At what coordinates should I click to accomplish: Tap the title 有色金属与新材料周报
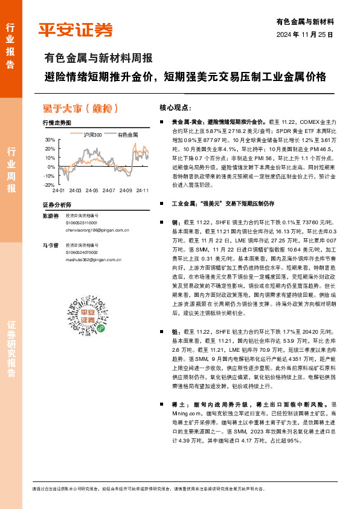click(98, 59)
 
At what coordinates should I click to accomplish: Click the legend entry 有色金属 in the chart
click(128, 134)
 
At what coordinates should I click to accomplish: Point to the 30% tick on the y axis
click(50, 140)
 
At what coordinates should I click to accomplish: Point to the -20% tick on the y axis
click(49, 185)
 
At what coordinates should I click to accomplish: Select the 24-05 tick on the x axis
click(91, 190)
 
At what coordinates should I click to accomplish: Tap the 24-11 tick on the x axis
click(143, 190)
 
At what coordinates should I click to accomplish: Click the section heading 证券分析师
click(57, 204)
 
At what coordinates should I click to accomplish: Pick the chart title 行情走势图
click(57, 123)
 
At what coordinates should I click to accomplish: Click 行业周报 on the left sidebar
click(10, 170)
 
